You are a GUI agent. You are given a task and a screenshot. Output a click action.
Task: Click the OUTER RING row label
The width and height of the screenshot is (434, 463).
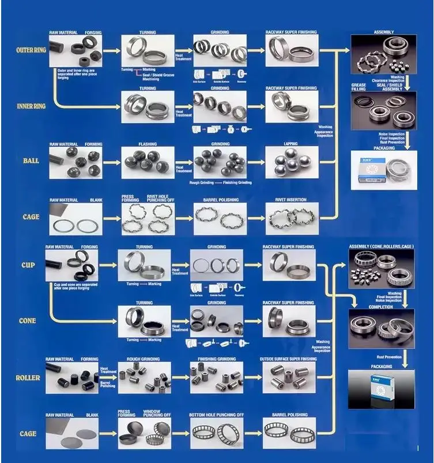31,51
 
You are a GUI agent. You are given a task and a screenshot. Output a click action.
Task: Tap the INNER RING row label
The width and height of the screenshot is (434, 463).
31,106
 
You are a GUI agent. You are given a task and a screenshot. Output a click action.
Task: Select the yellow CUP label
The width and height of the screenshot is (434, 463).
28,266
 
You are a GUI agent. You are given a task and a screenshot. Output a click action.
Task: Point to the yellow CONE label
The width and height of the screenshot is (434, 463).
28,321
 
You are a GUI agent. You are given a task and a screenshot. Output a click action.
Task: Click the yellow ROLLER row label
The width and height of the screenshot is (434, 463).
28,378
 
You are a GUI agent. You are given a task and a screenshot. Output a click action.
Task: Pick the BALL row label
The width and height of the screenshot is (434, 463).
31,161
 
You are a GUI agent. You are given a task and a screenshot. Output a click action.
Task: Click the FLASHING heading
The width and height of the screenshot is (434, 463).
147,144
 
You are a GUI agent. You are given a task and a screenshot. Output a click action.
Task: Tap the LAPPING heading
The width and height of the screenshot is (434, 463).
290,144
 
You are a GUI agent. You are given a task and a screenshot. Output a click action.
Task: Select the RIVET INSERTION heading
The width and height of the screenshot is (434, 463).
291,200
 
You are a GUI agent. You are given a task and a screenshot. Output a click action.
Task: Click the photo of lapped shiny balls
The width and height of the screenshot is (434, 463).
291,163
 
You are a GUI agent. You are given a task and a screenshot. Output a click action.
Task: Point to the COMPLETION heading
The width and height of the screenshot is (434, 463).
380,307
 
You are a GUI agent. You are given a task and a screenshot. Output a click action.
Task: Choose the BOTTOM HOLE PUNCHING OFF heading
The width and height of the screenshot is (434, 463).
216,415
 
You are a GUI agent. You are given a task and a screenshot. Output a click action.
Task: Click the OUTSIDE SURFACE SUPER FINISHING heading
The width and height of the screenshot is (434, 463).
289,359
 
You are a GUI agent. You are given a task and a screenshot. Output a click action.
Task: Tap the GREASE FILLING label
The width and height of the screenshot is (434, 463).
358,87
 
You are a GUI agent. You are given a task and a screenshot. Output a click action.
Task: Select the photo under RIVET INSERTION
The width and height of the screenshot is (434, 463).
291,219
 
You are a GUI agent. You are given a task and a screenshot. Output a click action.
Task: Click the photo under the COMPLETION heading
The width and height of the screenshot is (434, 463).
380,329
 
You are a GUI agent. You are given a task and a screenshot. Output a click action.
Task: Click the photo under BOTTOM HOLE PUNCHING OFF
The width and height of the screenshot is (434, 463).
216,434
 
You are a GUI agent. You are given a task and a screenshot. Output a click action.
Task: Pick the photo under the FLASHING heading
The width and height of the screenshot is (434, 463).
147,163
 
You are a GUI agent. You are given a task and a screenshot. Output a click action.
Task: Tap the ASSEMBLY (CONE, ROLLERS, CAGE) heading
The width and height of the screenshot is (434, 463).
381,246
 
